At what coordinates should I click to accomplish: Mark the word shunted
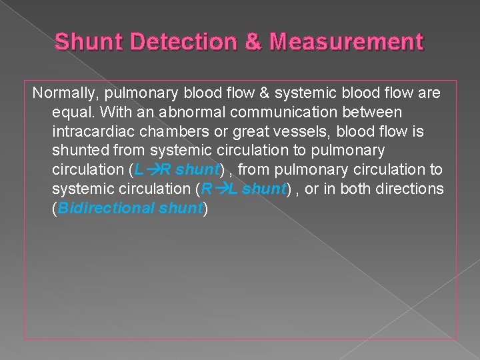78,151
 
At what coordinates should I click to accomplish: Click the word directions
412,189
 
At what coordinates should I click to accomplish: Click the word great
249,132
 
